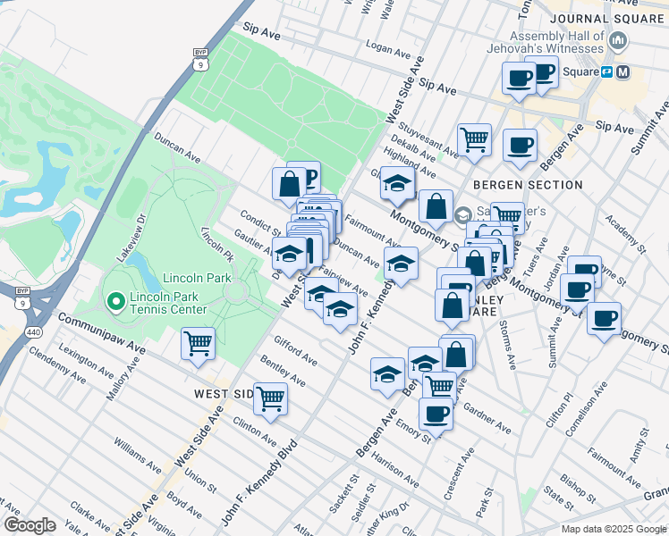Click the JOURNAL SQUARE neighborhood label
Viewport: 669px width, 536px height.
609,18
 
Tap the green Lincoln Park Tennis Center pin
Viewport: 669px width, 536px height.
115,303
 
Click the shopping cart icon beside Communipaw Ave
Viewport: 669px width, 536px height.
198,342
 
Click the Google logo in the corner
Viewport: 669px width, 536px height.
30,525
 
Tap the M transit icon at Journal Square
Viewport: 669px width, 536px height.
623,71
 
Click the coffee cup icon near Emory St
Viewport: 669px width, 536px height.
436,414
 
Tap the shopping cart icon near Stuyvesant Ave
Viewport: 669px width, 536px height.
474,138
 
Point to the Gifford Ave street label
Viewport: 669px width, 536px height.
295,350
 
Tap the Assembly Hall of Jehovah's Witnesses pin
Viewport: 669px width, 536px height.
618,41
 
